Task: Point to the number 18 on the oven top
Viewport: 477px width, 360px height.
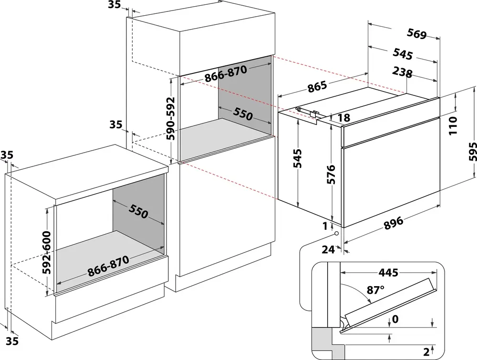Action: pos(343,118)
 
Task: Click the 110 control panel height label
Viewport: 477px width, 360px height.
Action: pos(453,125)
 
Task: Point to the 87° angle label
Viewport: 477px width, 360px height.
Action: pos(376,290)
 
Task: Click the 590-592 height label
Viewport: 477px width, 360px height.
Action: pos(171,118)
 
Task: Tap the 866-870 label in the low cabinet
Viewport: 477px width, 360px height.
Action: pos(108,266)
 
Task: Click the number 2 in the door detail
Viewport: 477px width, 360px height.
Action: pos(426,352)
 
